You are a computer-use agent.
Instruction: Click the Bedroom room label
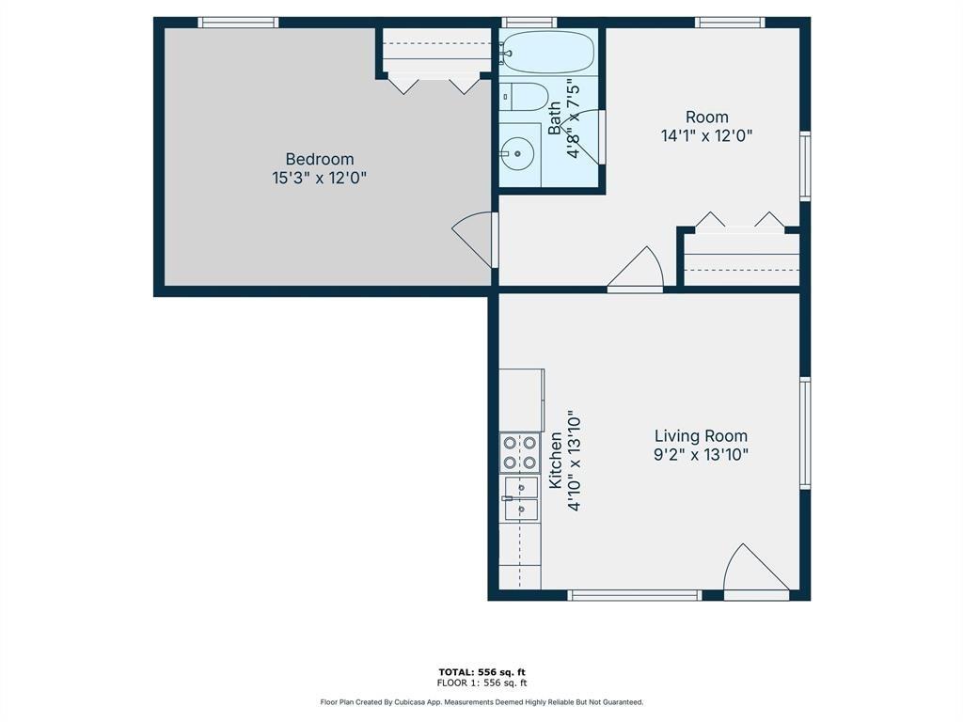pyautogui.click(x=320, y=159)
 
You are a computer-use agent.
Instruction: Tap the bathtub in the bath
pyautogui.click(x=547, y=52)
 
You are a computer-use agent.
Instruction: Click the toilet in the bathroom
pyautogui.click(x=523, y=97)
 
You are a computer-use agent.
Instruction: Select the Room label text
pyautogui.click(x=706, y=117)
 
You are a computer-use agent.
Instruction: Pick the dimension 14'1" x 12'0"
pyautogui.click(x=706, y=135)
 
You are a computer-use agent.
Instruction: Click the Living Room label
pyautogui.click(x=701, y=435)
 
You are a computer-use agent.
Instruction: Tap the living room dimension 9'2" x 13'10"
pyautogui.click(x=701, y=454)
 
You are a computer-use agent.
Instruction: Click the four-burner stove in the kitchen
pyautogui.click(x=519, y=452)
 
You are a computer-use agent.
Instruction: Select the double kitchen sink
pyautogui.click(x=519, y=497)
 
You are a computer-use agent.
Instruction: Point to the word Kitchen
pyautogui.click(x=556, y=461)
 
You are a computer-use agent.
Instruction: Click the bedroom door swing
pyautogui.click(x=476, y=240)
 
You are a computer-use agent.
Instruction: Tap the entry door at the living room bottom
pyautogui.click(x=755, y=573)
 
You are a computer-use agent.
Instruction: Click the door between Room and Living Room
pyautogui.click(x=638, y=271)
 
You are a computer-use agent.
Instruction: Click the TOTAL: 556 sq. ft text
pyautogui.click(x=481, y=671)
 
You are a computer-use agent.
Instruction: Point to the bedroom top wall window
pyautogui.click(x=239, y=23)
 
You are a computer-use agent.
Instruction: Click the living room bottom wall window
pyautogui.click(x=636, y=595)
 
